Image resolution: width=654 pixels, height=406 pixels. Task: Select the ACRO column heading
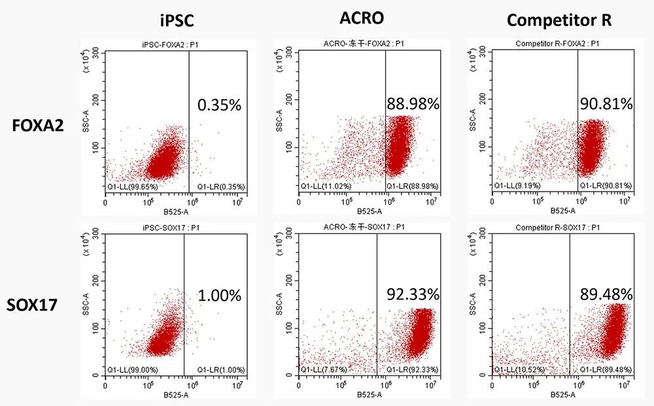coord(362,18)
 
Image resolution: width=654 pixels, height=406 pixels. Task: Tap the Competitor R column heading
coord(559,20)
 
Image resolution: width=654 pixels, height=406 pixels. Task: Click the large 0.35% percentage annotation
coord(219,104)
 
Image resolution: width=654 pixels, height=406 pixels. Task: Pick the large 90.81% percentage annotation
coord(606,103)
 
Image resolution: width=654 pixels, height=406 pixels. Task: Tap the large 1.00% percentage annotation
coord(219,295)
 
